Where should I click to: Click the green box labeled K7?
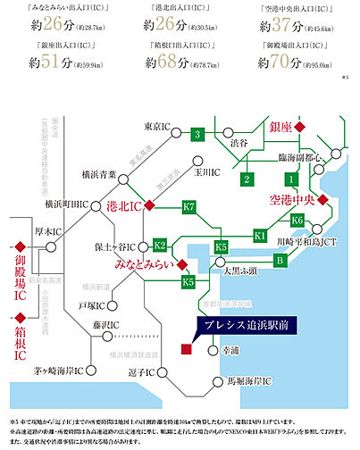(x=188, y=207)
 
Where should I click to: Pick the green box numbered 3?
(x=196, y=134)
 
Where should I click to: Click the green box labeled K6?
(x=298, y=219)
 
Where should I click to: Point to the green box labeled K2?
(x=160, y=244)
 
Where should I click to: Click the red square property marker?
(x=186, y=347)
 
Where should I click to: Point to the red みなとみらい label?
(x=142, y=265)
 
